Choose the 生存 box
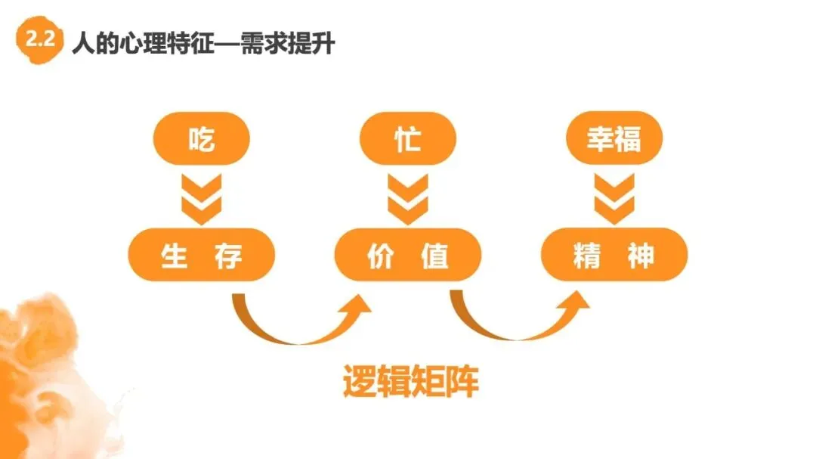(201, 255)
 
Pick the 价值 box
(408, 255)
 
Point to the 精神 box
(614, 255)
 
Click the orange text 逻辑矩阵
(410, 383)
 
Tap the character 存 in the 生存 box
(228, 256)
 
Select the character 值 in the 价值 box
(435, 256)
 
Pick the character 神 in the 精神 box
(641, 256)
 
